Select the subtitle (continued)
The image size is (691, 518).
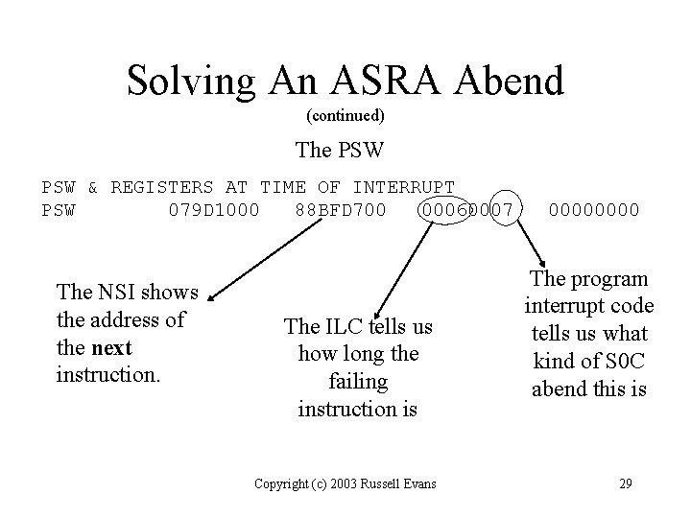(345, 116)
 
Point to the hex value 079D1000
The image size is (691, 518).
(213, 207)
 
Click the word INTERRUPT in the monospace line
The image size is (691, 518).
(402, 186)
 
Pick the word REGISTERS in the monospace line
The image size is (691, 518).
(161, 186)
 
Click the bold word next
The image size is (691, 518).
(113, 346)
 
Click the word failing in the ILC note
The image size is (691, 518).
(357, 382)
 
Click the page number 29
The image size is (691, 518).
(627, 483)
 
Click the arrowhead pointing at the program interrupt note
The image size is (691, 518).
(542, 267)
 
